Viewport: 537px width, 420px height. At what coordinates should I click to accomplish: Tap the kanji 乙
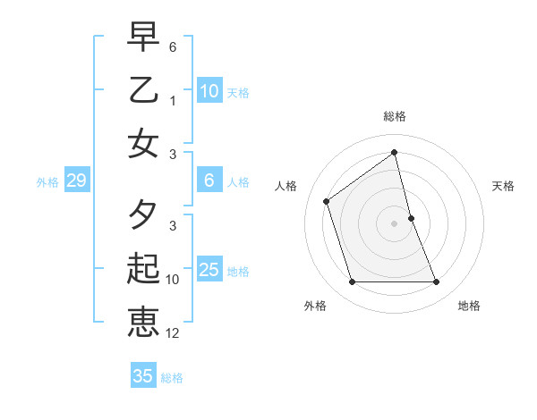tap(144, 90)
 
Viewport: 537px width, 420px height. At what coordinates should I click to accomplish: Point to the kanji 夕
tap(144, 215)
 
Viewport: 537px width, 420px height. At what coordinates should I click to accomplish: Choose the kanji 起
tap(144, 269)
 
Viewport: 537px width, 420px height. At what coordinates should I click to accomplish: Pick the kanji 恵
tap(144, 321)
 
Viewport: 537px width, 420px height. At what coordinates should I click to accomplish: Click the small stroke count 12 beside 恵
tap(173, 333)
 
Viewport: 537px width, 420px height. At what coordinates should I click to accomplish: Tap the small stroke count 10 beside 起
tap(173, 280)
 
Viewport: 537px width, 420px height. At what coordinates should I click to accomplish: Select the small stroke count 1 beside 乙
tap(173, 101)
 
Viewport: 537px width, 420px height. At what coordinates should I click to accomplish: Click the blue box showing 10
tap(209, 90)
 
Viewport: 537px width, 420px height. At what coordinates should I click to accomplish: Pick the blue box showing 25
tap(209, 270)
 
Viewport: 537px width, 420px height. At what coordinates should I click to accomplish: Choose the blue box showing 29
tap(76, 181)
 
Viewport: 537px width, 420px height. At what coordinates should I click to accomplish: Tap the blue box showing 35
tap(143, 376)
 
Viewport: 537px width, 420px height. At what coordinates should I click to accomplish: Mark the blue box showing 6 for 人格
tap(209, 181)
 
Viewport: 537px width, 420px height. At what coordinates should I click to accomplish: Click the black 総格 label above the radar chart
tap(395, 117)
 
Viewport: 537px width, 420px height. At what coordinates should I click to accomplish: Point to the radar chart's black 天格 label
tap(504, 186)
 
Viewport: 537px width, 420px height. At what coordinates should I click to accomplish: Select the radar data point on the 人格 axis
tap(327, 201)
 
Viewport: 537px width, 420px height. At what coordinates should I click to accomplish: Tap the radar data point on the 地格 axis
tap(437, 282)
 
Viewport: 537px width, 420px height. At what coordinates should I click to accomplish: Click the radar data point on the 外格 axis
tap(352, 282)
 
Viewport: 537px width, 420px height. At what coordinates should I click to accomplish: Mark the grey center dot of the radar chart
tap(395, 223)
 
